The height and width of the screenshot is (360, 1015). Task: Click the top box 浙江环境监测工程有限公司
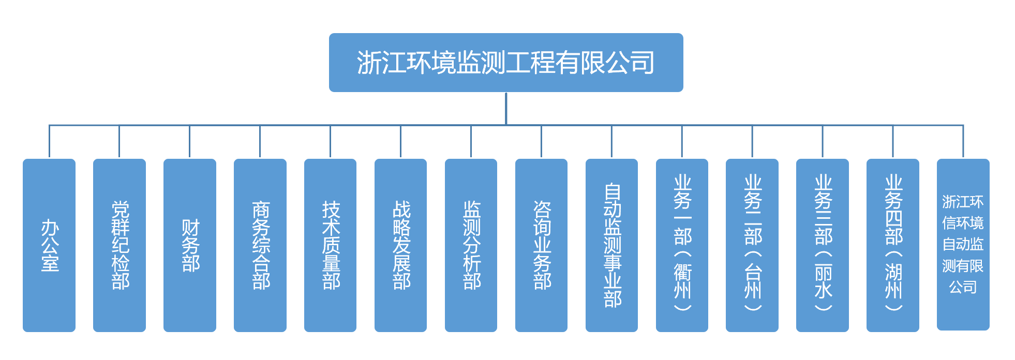(505, 63)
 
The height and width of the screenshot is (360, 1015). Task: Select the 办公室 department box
(49, 245)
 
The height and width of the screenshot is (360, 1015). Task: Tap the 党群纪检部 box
(120, 245)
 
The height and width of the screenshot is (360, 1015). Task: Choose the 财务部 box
(190, 245)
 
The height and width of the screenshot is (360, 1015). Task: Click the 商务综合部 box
(260, 245)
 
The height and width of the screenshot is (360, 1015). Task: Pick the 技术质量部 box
(331, 245)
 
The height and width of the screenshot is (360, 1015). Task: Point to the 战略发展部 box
(401, 245)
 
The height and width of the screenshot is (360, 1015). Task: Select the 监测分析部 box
(471, 245)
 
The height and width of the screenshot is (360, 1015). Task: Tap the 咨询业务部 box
(542, 245)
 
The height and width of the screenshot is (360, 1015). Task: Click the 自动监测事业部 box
(612, 245)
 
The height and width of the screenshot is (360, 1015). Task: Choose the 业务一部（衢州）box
(682, 245)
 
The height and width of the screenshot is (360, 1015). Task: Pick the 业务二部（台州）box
(752, 245)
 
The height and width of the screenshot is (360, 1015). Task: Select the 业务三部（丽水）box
(823, 245)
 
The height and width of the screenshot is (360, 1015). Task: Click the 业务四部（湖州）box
(893, 245)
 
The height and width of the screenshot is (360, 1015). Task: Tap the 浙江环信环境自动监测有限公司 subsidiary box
(963, 244)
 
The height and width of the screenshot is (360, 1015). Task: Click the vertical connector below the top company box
(506, 109)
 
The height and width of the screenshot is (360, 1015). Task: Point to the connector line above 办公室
(49, 141)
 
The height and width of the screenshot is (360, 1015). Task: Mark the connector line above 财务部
(190, 141)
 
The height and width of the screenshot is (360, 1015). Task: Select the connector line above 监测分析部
(471, 141)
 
